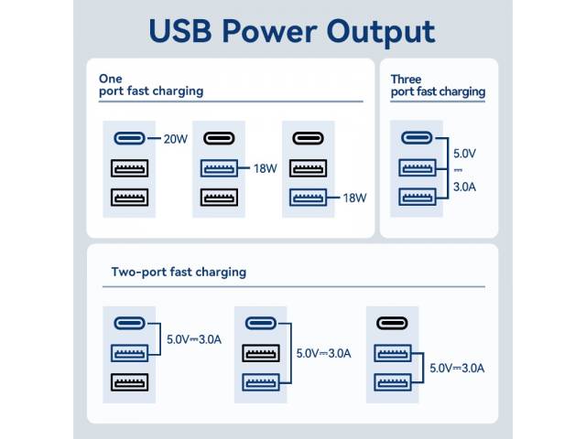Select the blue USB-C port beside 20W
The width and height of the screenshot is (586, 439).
click(129, 138)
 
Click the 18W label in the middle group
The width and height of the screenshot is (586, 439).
click(265, 167)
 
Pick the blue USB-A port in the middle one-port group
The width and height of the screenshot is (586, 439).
click(219, 167)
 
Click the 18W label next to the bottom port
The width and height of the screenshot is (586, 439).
click(354, 197)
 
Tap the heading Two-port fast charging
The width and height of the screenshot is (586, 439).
click(179, 272)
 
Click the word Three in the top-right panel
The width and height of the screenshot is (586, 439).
click(407, 79)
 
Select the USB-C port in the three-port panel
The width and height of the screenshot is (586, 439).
click(417, 138)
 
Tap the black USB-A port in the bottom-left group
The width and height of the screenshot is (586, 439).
click(129, 381)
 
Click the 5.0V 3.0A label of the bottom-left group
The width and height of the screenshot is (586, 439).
click(194, 338)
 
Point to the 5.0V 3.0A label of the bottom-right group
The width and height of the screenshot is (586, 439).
click(459, 368)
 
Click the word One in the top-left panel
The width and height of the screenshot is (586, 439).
click(110, 79)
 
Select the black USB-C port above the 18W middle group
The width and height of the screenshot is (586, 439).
click(219, 138)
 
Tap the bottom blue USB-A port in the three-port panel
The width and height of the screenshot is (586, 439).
click(417, 197)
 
